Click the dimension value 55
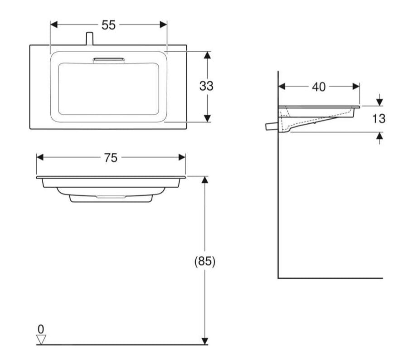108,25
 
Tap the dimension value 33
206,86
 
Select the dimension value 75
111,158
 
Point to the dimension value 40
319,87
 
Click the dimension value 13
379,119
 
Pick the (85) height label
205,261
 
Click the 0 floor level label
41,329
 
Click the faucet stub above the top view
89,39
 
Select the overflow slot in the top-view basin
108,61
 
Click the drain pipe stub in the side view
272,126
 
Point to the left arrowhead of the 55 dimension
53,25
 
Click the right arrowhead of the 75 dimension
182,157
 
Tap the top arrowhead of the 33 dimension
207,55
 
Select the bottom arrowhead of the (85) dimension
205,341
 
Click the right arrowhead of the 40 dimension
356,87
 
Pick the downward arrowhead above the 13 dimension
380,102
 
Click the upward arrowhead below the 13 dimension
380,136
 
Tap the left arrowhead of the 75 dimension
40,157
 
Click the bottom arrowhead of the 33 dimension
207,118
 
